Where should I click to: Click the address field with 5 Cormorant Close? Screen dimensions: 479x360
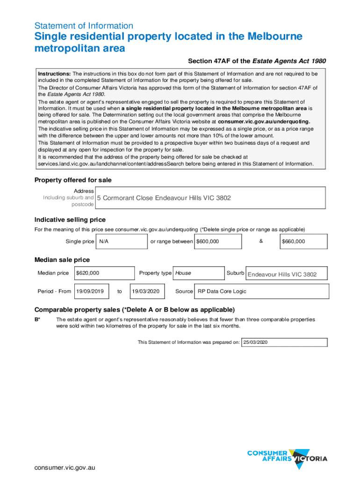[210, 198]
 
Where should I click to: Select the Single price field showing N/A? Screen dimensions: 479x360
[121, 241]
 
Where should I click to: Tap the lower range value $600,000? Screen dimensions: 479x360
[218, 241]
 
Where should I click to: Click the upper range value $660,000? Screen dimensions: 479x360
[304, 241]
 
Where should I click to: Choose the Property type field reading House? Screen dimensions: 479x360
[199, 273]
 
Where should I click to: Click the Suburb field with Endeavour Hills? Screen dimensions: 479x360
[286, 274]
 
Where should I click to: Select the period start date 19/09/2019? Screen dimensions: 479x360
[92, 291]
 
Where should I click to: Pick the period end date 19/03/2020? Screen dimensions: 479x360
[147, 291]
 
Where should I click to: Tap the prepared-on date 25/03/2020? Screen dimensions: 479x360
[284, 342]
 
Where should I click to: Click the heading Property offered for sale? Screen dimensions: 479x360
[73, 180]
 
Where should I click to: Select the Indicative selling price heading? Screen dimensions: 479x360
[70, 220]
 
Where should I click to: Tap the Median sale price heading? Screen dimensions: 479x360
[62, 260]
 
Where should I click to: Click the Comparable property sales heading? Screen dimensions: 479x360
[135, 310]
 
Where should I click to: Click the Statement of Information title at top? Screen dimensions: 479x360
[84, 26]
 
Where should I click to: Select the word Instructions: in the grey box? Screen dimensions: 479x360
[54, 74]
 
